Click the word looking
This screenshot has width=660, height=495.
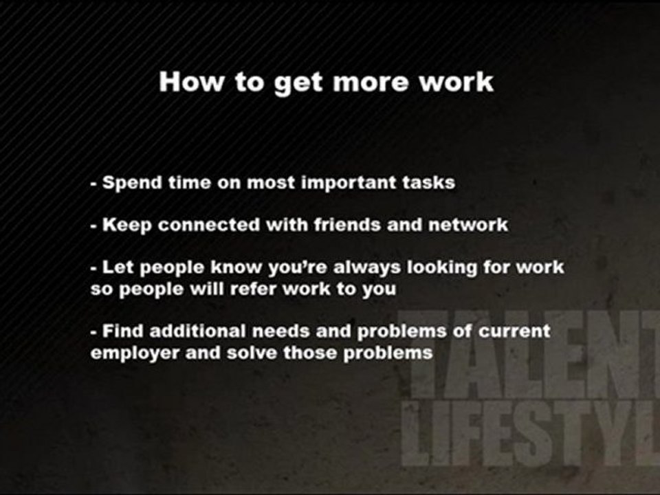(x=448, y=267)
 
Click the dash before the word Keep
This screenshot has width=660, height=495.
(x=93, y=226)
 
